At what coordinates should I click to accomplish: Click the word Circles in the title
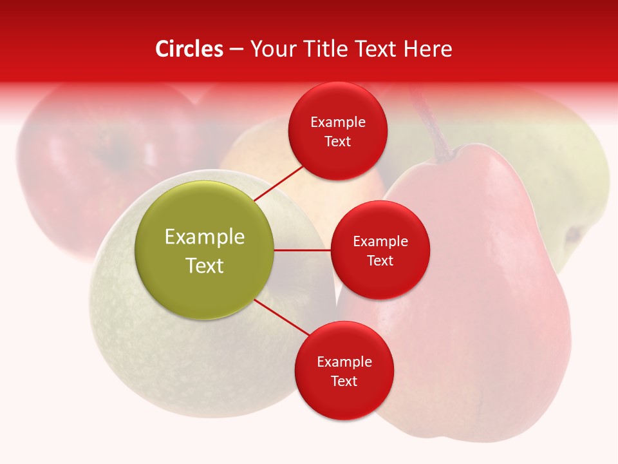tap(189, 49)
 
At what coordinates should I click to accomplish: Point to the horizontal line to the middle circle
tap(303, 250)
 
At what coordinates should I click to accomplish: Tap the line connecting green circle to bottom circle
tap(281, 318)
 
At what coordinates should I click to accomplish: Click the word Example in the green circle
tap(205, 237)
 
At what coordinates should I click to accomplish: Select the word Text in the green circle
tap(205, 266)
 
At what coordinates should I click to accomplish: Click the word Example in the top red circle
tap(337, 122)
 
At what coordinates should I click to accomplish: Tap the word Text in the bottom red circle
tap(344, 381)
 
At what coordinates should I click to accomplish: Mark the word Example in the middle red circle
tap(380, 241)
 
